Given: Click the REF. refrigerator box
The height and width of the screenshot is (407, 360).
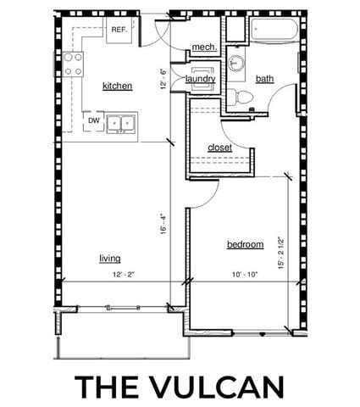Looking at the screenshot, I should (x=118, y=31).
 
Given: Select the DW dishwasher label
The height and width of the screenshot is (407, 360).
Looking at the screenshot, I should (x=94, y=120).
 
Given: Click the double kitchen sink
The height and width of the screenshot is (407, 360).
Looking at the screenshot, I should (x=123, y=124).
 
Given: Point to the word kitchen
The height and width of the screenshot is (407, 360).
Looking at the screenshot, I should (x=116, y=86).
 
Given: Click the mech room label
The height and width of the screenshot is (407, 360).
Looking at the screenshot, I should (x=202, y=47).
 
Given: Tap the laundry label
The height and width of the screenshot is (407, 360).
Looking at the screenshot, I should (x=201, y=79).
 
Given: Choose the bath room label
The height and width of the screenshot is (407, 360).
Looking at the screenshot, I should (x=265, y=79).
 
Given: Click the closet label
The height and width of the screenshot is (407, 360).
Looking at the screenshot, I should (x=219, y=148).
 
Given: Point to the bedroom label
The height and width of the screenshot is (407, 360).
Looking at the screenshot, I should (x=245, y=244).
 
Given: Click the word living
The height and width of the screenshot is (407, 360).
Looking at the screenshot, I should (x=109, y=258).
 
